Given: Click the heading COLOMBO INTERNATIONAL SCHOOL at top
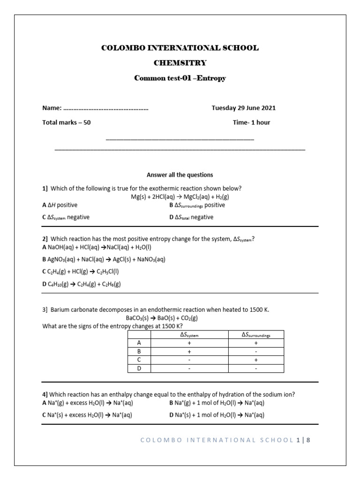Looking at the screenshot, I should point(180,48).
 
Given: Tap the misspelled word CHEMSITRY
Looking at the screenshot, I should point(180,63).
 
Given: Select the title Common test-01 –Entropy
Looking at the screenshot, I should point(180,78).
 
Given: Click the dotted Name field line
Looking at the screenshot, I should point(105,108).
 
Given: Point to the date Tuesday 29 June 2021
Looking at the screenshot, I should point(243,108).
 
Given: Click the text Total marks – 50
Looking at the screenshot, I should point(67,122).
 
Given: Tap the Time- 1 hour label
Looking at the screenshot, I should point(251,122).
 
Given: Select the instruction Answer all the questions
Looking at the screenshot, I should point(180,175).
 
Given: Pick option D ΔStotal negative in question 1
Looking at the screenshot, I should point(191,217).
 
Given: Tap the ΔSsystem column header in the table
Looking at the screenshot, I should point(189,335).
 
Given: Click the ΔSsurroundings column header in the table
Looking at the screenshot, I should point(256,335).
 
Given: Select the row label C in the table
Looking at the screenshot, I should point(139,360).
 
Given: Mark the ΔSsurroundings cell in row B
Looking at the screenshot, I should point(256,352).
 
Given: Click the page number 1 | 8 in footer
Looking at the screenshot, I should point(304,440).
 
